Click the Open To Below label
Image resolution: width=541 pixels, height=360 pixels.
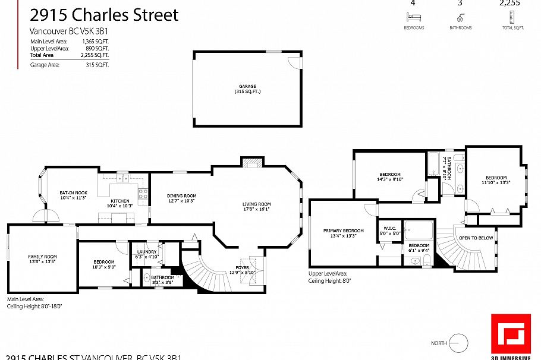tap(476, 238)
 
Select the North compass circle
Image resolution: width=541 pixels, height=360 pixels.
tap(458, 343)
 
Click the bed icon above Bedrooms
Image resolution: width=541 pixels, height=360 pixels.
tap(414, 17)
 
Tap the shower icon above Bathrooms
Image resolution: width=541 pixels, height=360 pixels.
tap(460, 17)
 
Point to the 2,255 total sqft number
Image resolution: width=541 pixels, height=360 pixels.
tap(509, 2)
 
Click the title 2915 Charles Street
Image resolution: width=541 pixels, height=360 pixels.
tap(105, 15)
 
